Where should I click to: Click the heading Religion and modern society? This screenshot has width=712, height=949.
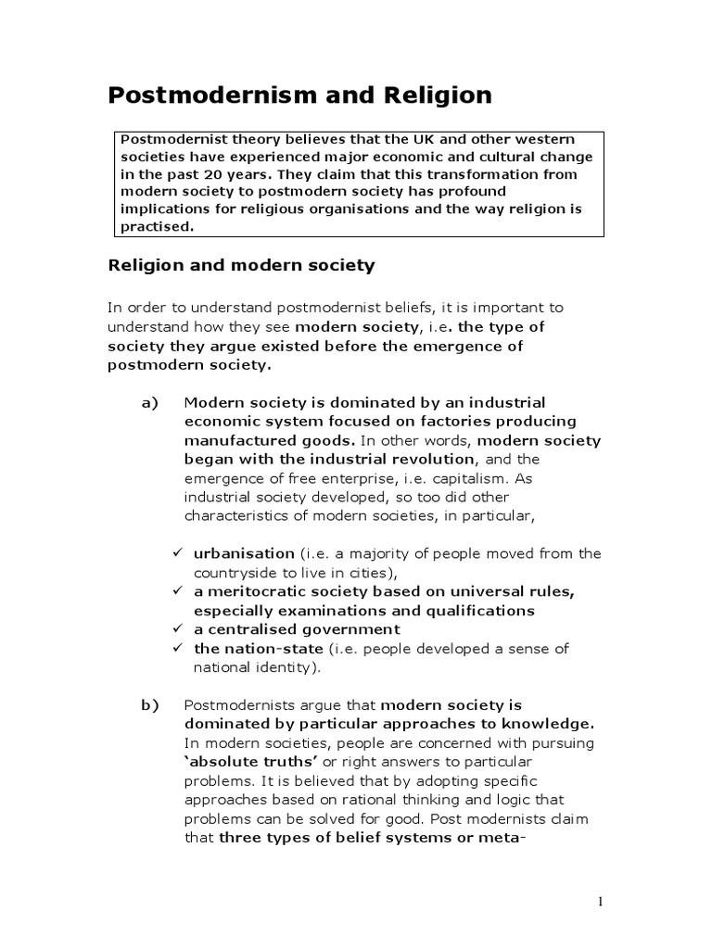(x=241, y=266)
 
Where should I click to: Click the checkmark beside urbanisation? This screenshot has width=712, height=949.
(x=178, y=553)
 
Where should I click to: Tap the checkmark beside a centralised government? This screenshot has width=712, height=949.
(x=178, y=629)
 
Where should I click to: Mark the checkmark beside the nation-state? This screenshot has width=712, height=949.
(x=178, y=649)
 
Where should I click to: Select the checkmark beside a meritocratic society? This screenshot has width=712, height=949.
(x=178, y=591)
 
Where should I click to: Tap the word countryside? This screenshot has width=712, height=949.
(x=235, y=573)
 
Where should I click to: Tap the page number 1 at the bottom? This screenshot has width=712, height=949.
(x=601, y=903)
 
